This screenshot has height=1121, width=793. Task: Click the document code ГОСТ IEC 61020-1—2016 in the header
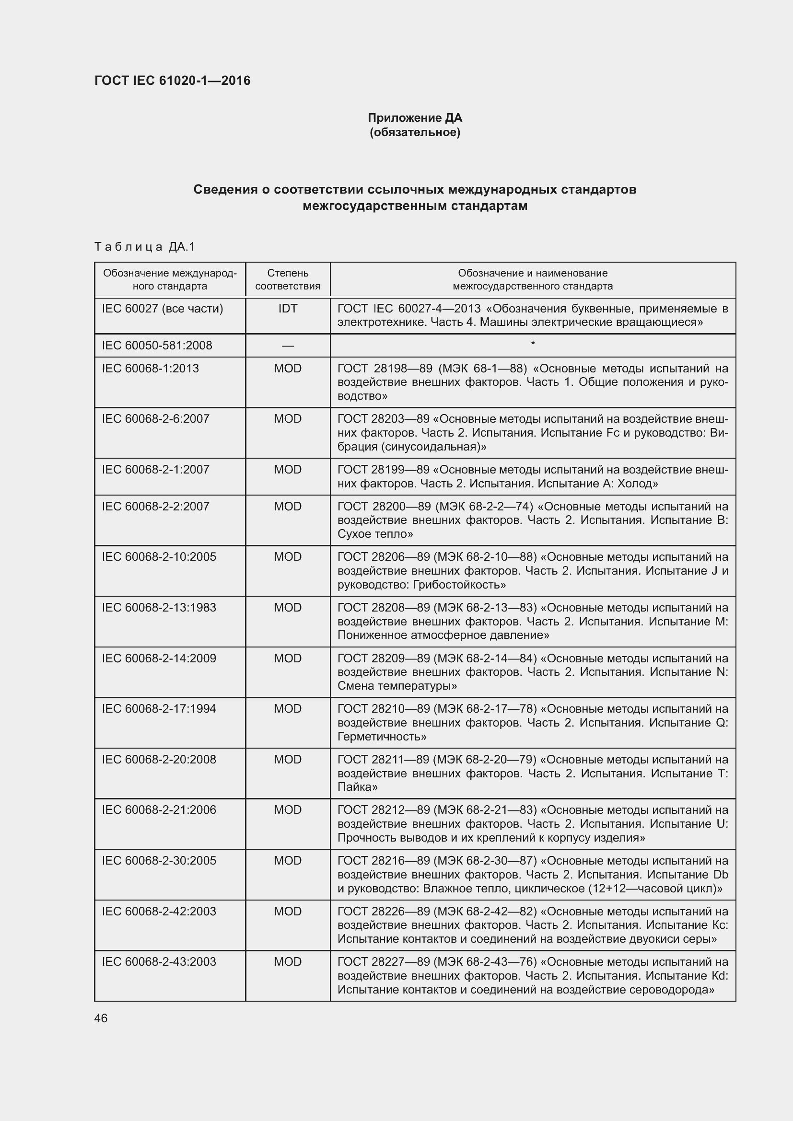(172, 81)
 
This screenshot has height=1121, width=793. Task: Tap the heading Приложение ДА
(415, 118)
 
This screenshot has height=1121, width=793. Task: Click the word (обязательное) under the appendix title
(415, 132)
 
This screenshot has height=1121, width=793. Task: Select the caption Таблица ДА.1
(144, 247)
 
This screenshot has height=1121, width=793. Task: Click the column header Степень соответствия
(288, 279)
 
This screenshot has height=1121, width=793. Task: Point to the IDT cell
(288, 309)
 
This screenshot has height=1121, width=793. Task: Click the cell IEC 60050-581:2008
(157, 346)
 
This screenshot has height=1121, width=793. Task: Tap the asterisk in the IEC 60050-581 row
(532, 344)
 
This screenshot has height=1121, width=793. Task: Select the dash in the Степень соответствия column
(288, 346)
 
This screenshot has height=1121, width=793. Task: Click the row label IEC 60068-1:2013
(151, 368)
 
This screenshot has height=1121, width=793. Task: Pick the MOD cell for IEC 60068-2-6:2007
(288, 419)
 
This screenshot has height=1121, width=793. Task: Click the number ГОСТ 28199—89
(384, 470)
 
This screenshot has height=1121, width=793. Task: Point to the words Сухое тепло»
(375, 534)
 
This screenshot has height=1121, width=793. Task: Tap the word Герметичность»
(382, 737)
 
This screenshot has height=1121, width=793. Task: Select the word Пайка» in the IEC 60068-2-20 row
(358, 787)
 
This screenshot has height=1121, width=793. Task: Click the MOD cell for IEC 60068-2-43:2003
(288, 962)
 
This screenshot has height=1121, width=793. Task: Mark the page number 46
(101, 1018)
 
